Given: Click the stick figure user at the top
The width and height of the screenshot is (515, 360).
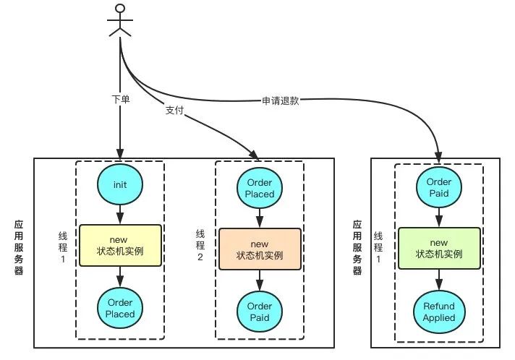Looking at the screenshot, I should (121, 20).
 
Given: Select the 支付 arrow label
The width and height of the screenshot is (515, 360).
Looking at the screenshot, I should (174, 110).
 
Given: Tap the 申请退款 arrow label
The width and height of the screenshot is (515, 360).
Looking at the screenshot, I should (281, 101).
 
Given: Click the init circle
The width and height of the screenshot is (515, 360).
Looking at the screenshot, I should (120, 184).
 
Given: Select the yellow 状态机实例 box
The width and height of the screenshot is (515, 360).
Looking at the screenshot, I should (120, 246).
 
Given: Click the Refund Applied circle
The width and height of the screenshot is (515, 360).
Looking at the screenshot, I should (439, 312).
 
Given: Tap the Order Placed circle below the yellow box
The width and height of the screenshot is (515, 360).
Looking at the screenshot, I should (120, 308).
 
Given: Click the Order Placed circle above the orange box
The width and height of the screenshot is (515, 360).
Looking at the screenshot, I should (260, 188).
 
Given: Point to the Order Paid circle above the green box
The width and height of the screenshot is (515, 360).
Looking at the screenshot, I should (439, 187).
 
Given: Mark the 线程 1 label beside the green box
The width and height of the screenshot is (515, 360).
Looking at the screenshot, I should (378, 248).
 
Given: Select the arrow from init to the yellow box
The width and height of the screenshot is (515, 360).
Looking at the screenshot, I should (120, 215).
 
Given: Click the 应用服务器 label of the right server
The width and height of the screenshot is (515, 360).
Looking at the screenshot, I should (357, 247).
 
